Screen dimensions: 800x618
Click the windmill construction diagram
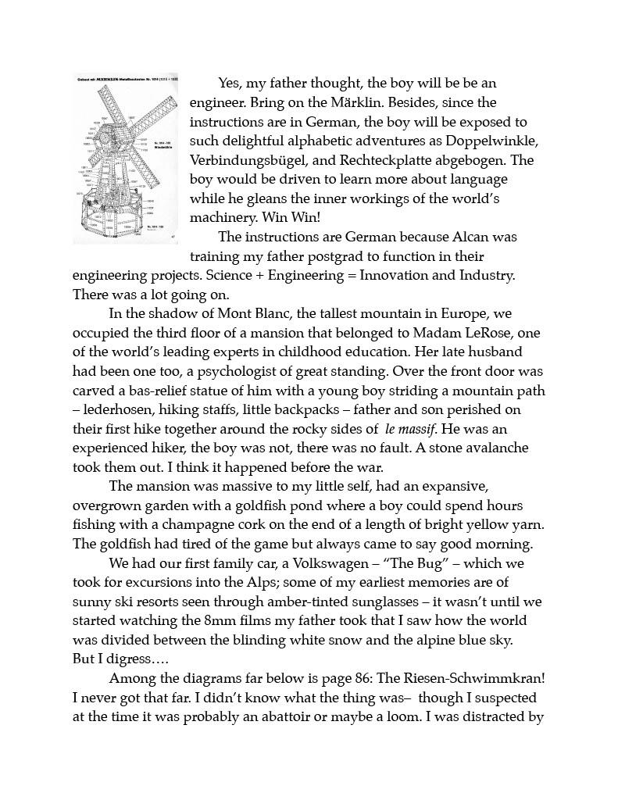tap(125, 159)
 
